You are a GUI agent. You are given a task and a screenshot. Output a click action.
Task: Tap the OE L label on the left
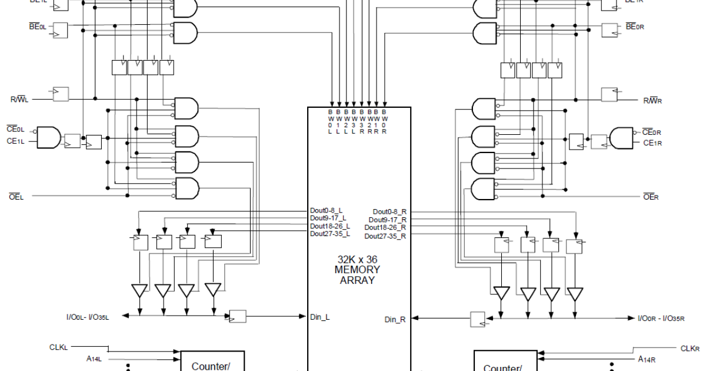(x=16, y=196)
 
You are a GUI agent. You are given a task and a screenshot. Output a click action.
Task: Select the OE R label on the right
(x=651, y=197)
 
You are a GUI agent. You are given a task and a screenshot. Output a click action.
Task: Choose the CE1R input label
(x=653, y=143)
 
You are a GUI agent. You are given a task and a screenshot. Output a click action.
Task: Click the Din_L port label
(x=320, y=317)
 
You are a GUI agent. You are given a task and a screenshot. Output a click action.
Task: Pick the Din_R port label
(x=395, y=319)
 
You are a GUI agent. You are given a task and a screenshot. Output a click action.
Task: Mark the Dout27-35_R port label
(x=385, y=236)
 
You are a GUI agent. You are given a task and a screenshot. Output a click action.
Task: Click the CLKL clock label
(x=59, y=347)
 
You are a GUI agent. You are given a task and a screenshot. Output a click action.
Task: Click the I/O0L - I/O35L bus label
(x=88, y=317)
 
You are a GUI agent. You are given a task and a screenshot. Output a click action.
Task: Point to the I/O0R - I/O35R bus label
(x=661, y=319)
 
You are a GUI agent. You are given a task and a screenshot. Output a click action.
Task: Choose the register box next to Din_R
(x=478, y=319)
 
